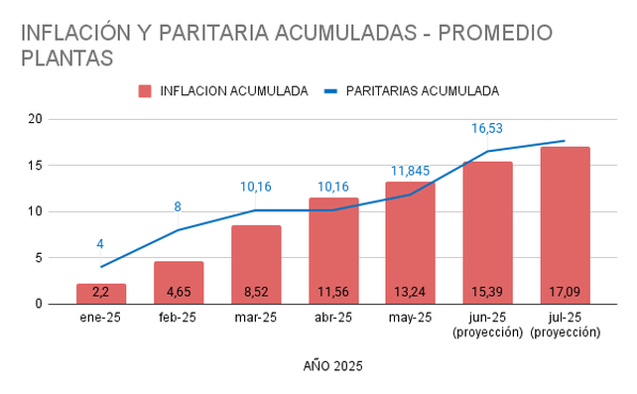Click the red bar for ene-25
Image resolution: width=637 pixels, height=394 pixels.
click(x=101, y=294)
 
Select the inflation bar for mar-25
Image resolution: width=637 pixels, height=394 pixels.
click(x=256, y=264)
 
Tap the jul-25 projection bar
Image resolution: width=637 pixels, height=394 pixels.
click(x=566, y=225)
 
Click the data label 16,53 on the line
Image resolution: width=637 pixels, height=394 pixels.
click(x=487, y=128)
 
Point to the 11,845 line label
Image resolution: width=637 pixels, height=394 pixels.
click(x=410, y=171)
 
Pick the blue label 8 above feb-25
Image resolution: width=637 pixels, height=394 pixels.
click(x=178, y=207)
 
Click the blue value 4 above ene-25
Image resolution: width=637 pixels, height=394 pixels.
click(x=100, y=244)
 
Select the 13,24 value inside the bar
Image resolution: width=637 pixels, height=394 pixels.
click(x=410, y=292)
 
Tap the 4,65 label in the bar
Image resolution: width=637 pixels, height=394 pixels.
click(x=179, y=292)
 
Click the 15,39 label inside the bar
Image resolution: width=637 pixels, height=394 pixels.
click(x=487, y=292)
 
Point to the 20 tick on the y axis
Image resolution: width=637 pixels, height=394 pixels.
click(x=36, y=119)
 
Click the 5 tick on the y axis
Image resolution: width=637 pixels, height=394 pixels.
click(x=39, y=258)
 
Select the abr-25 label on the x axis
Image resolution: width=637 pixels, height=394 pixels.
click(x=333, y=318)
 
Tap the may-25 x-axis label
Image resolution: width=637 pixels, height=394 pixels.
click(x=410, y=318)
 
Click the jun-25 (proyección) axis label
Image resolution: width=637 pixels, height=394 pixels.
click(x=487, y=325)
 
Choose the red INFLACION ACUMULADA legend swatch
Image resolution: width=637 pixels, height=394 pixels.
click(x=145, y=91)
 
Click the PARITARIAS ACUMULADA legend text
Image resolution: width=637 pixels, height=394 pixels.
click(x=423, y=91)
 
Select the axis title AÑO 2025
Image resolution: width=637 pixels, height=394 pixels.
click(x=332, y=366)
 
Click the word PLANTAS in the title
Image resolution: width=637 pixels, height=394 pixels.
click(x=67, y=59)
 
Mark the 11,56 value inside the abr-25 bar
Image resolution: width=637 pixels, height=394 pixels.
click(x=333, y=292)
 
